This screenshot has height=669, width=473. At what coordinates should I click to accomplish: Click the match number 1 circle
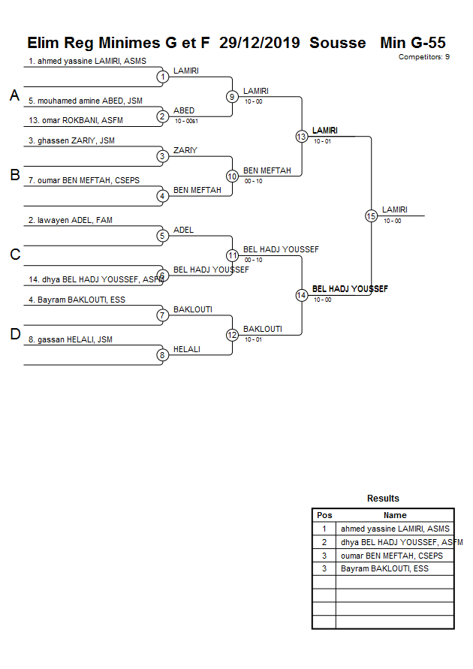[162, 77]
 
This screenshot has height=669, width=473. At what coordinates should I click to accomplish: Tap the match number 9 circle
[232, 97]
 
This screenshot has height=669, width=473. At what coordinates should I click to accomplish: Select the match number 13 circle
[301, 137]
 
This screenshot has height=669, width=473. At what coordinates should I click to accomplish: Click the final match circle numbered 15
[371, 215]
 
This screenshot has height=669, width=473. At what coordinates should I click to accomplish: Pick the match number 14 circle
[301, 295]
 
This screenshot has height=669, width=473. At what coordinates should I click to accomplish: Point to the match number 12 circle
[232, 335]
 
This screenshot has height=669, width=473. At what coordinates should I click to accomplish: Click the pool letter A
[14, 95]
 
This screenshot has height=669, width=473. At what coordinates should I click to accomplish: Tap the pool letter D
[14, 335]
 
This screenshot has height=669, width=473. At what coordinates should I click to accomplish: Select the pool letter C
[14, 255]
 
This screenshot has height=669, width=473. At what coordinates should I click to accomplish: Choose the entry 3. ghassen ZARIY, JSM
[71, 140]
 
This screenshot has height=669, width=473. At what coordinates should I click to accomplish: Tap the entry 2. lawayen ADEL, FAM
[70, 220]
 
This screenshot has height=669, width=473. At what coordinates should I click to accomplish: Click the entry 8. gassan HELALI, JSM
[70, 339]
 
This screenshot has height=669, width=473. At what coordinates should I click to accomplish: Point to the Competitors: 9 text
[423, 57]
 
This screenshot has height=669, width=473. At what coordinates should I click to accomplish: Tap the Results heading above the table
[383, 499]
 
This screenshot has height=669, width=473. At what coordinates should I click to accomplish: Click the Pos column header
[324, 515]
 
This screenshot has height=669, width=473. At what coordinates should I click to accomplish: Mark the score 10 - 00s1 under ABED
[186, 121]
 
